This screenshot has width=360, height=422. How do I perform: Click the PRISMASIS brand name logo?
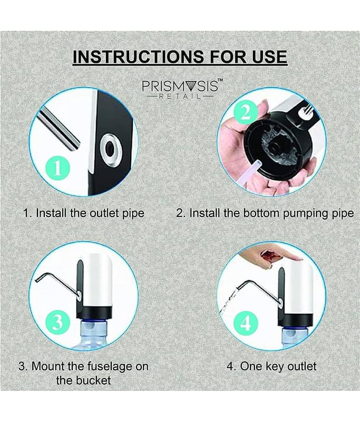tap(180, 86)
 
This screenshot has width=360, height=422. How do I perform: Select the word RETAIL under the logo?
tap(180, 97)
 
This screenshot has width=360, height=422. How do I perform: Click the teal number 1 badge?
tap(58, 169)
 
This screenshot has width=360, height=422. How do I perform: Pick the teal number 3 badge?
tap(58, 322)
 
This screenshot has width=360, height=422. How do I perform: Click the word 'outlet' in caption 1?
tap(104, 213)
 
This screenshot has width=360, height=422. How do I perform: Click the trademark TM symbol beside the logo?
tap(220, 81)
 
